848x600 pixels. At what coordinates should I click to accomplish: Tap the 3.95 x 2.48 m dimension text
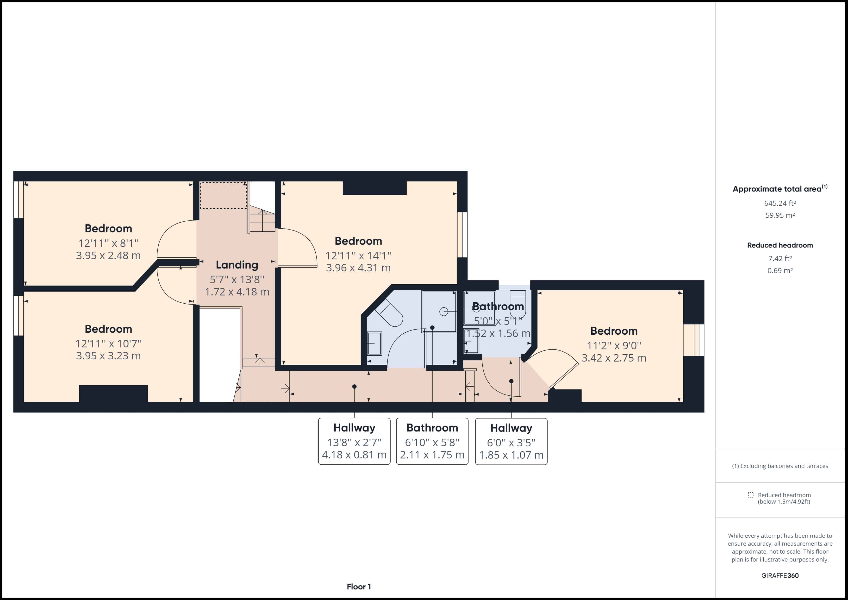pyautogui.click(x=108, y=255)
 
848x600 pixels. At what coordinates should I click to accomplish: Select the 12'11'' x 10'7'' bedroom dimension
pyautogui.click(x=108, y=344)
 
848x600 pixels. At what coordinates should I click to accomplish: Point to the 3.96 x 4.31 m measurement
pyautogui.click(x=358, y=268)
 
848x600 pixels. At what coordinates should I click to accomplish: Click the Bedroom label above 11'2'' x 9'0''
pyautogui.click(x=613, y=331)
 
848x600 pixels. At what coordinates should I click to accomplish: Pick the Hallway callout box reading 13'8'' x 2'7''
pyautogui.click(x=354, y=441)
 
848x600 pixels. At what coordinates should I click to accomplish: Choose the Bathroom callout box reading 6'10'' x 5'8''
pyautogui.click(x=432, y=441)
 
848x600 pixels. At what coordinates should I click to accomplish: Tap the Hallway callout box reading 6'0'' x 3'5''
pyautogui.click(x=511, y=441)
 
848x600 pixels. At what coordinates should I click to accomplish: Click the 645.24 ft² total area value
pyautogui.click(x=780, y=203)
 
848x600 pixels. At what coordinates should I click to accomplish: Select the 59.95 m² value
pyautogui.click(x=780, y=215)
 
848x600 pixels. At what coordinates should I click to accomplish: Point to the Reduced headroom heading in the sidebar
pyautogui.click(x=780, y=245)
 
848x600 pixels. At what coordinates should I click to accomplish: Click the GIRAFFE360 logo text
pyautogui.click(x=780, y=575)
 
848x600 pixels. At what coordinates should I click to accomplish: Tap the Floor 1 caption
pyautogui.click(x=359, y=587)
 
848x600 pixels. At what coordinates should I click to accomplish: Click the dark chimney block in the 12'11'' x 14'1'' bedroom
pyautogui.click(x=374, y=188)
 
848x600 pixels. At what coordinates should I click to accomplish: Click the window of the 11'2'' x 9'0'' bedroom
pyautogui.click(x=693, y=340)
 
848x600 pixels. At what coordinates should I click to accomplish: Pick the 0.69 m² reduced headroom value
pyautogui.click(x=780, y=270)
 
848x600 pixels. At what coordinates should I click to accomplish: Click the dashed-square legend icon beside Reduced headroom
pyautogui.click(x=750, y=495)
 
